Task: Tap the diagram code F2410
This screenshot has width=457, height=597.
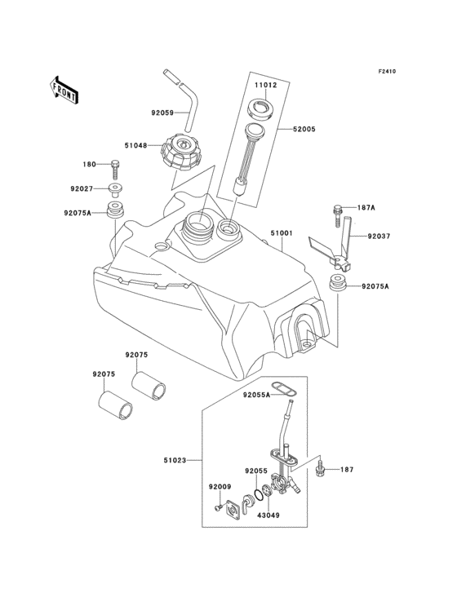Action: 387,72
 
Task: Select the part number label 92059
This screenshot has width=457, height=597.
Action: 162,114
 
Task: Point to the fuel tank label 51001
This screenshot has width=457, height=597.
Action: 282,232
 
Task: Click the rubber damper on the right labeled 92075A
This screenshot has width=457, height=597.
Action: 337,285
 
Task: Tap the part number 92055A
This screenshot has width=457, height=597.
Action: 255,396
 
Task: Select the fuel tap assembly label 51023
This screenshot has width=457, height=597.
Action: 174,461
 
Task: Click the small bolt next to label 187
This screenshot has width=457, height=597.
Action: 321,471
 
